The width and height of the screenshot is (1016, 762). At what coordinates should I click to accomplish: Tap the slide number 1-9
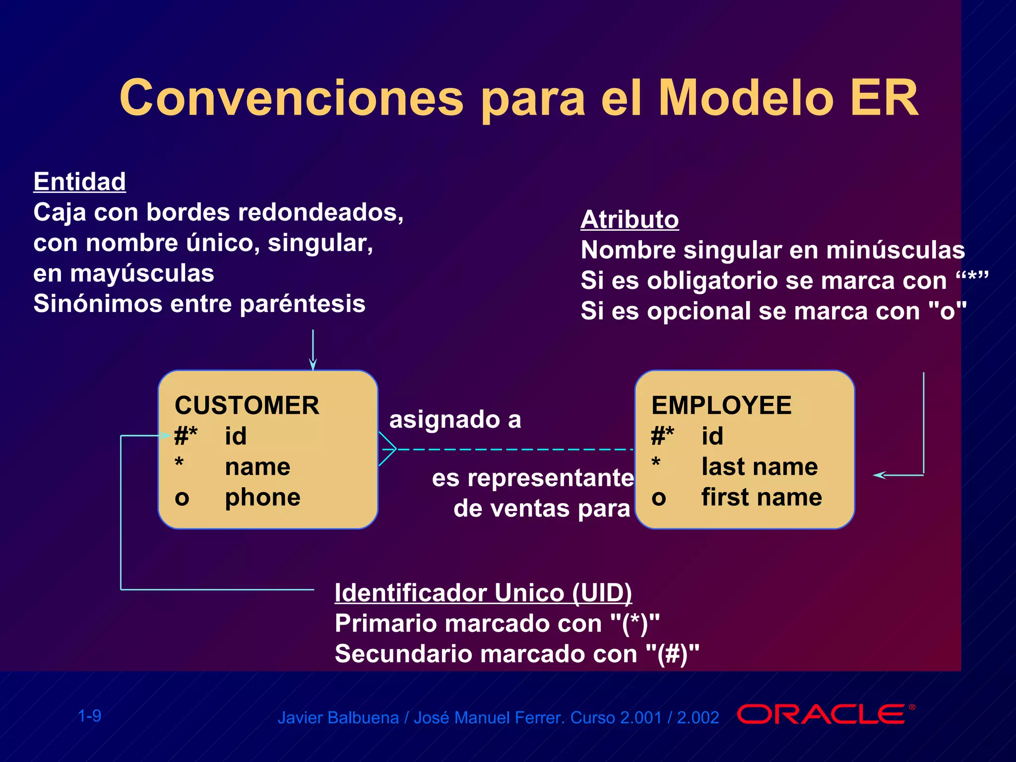[90, 716]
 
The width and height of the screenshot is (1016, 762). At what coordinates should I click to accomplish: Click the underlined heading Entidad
[79, 182]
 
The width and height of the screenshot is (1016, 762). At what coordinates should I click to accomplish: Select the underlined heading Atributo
[630, 219]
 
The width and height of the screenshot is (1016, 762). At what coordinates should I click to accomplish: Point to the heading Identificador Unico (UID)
[483, 593]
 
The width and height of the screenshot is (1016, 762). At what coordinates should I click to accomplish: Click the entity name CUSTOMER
[247, 405]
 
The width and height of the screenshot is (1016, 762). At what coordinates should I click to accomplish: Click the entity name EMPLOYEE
[721, 405]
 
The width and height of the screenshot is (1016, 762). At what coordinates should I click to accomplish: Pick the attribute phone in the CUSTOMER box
[262, 497]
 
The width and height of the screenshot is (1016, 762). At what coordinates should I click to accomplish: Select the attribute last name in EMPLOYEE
[760, 467]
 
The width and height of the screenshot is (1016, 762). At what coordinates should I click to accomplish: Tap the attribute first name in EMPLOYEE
[762, 497]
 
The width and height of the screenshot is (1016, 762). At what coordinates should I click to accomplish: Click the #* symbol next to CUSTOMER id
[186, 436]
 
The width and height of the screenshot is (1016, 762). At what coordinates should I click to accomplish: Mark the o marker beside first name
[658, 498]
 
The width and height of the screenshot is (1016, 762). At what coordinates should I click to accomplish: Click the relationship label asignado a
[455, 420]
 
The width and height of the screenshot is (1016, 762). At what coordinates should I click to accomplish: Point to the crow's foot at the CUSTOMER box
[387, 449]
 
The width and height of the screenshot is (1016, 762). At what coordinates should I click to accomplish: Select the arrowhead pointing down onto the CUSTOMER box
[313, 364]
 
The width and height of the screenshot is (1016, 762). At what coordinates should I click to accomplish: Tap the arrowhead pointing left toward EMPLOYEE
[879, 475]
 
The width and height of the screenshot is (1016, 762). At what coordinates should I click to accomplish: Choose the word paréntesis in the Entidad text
[303, 304]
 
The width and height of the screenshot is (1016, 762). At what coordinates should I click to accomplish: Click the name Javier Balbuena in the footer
[338, 718]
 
